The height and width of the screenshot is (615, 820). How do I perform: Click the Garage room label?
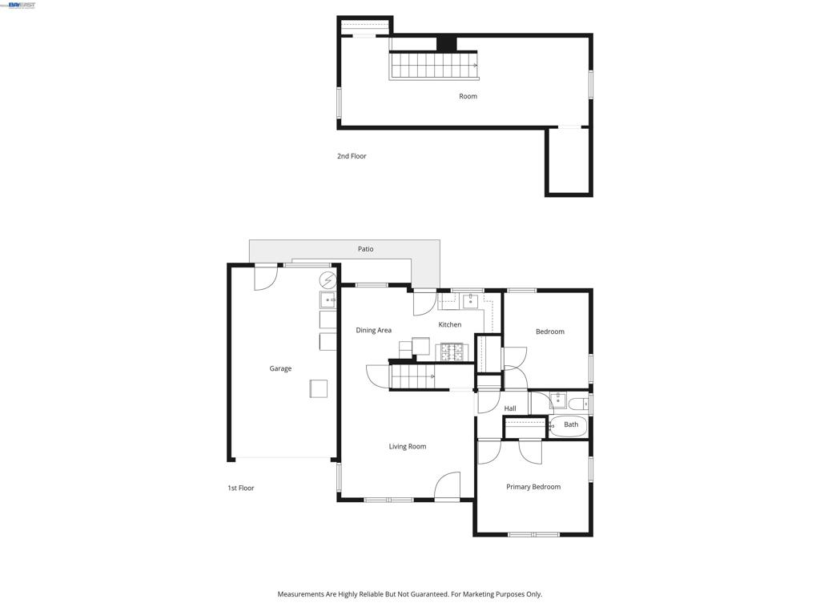tap(280, 368)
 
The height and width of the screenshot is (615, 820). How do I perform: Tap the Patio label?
tap(365, 249)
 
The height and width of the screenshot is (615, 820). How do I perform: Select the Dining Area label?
tap(373, 330)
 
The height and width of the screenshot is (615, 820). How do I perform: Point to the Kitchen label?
tap(450, 325)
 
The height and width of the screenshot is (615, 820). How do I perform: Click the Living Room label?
tap(408, 446)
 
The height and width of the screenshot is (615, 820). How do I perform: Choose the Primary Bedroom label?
tap(533, 487)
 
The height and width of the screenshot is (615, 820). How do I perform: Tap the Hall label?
tap(510, 408)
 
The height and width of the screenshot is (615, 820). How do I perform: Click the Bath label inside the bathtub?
tap(571, 424)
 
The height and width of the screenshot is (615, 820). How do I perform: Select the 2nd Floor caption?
tap(352, 156)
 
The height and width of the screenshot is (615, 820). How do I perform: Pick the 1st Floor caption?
tap(240, 488)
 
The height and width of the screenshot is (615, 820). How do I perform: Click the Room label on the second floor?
tap(468, 96)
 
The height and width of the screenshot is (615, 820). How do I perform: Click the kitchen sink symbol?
tap(471, 301)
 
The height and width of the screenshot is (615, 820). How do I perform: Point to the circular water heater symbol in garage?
tap(328, 280)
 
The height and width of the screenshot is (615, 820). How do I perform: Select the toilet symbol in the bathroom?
tap(580, 404)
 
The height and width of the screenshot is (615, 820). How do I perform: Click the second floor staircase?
tap(434, 66)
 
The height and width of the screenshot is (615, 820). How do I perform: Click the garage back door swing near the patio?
tap(266, 278)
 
